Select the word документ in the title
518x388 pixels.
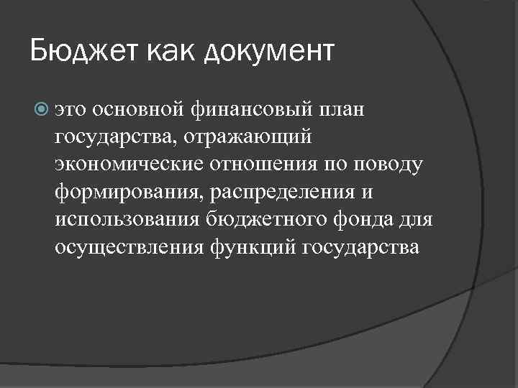click(271, 52)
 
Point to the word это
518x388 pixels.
click(73, 111)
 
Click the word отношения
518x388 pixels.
click(265, 165)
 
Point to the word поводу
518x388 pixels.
click(391, 165)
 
